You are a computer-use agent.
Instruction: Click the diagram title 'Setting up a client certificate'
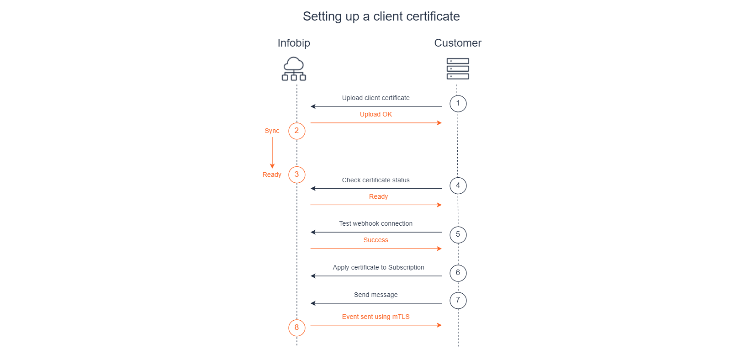point(381,16)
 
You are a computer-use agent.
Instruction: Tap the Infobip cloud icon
point(294,69)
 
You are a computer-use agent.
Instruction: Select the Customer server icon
point(458,69)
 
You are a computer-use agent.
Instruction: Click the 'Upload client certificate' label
point(375,98)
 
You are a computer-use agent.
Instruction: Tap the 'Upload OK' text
point(375,114)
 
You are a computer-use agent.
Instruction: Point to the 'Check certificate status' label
point(375,180)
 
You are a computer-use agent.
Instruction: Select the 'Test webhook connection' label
point(375,223)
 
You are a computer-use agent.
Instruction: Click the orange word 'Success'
point(375,240)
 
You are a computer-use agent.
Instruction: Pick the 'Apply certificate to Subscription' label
point(378,267)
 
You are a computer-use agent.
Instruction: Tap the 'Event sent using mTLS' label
point(375,317)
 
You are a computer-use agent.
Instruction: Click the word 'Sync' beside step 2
point(271,131)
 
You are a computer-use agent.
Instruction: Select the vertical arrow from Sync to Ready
point(272,153)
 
